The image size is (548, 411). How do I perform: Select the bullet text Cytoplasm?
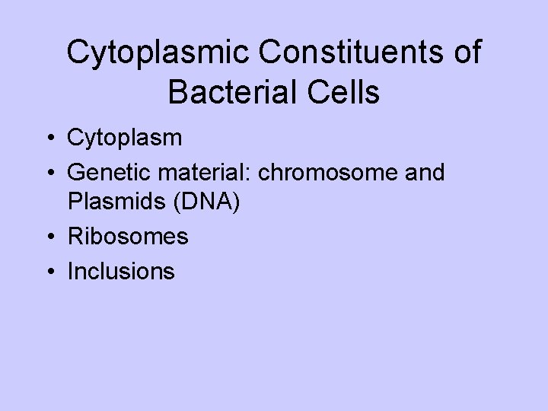tap(124, 139)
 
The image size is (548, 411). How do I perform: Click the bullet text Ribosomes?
tap(128, 237)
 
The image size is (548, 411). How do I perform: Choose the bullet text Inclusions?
tap(121, 270)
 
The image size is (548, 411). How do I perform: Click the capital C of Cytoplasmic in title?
tap(78, 53)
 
